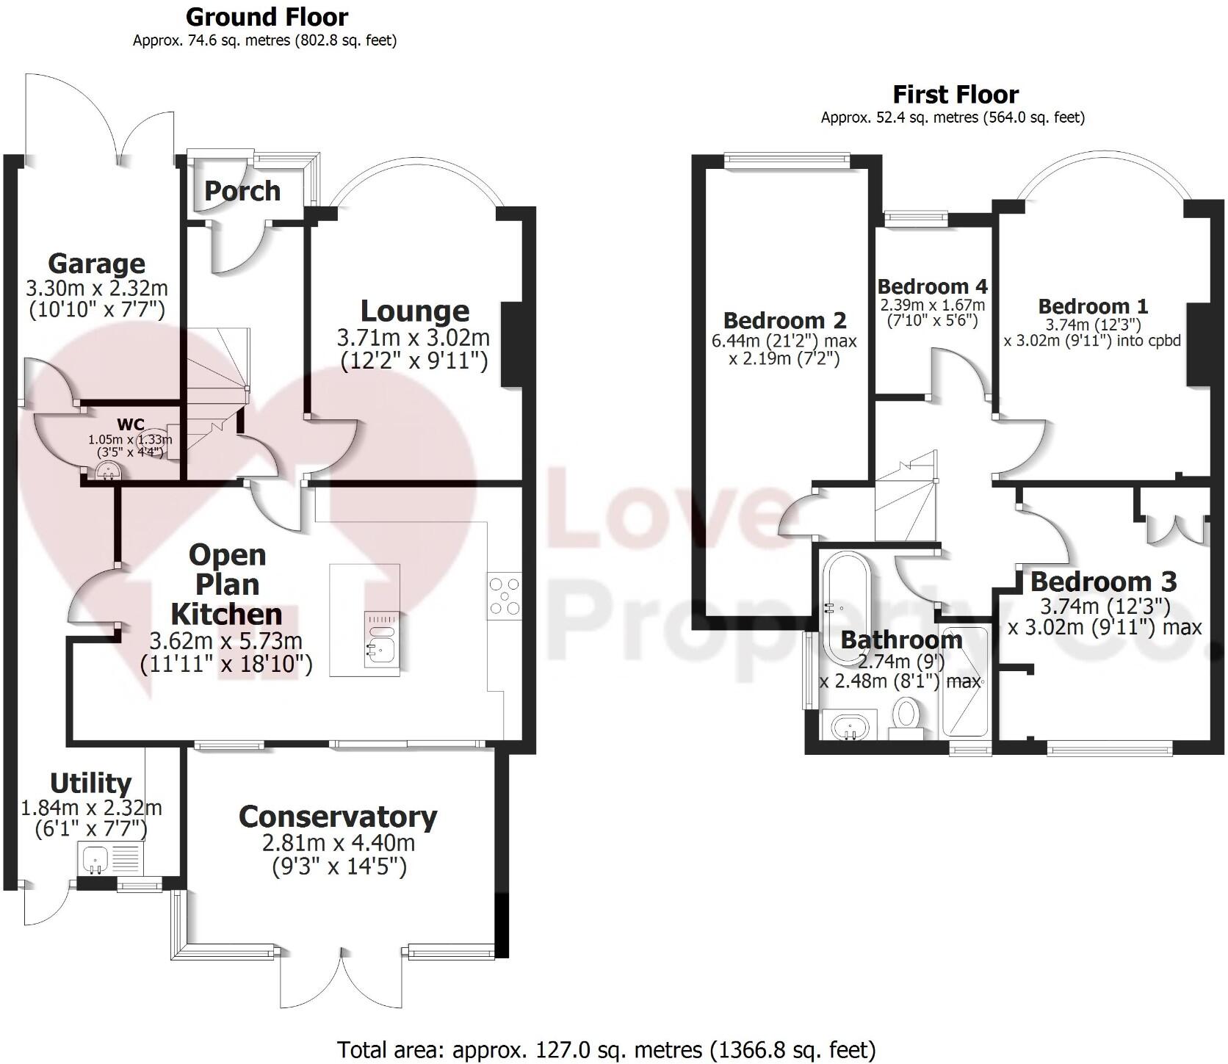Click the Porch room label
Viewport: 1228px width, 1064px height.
point(242,191)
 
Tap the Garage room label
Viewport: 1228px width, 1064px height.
point(96,263)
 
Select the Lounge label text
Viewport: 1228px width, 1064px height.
point(415,311)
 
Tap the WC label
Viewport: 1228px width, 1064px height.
point(131,424)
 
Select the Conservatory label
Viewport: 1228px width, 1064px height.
point(338,817)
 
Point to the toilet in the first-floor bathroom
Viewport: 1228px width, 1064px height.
point(906,713)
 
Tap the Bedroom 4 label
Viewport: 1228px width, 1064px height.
point(932,286)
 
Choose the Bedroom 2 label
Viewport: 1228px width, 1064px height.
point(784,320)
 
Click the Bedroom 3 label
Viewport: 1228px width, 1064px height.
point(1103,582)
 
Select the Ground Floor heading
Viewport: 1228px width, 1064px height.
point(267,16)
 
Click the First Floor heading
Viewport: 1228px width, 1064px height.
point(956,95)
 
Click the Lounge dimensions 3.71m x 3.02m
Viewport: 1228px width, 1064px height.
point(413,338)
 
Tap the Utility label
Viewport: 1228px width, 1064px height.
point(90,783)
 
